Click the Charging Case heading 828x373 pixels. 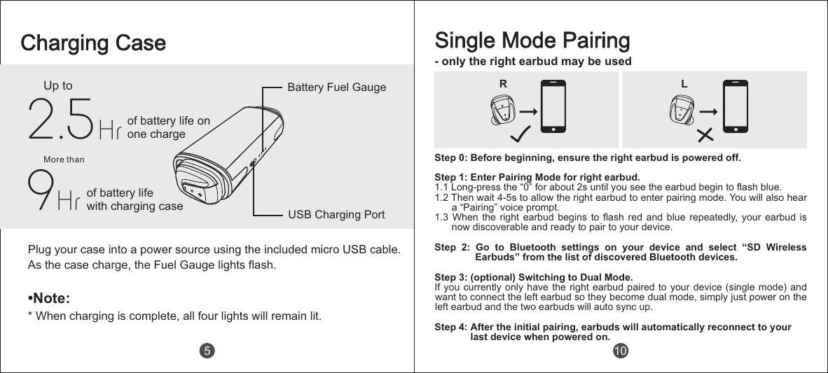point(93,43)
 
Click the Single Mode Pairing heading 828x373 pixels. point(532,41)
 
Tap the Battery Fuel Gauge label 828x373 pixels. point(337,87)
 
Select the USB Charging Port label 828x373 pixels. point(336,214)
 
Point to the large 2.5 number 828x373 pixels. point(60,119)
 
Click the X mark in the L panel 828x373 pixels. point(705,134)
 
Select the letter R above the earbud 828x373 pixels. point(503,83)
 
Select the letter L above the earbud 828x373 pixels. point(684,83)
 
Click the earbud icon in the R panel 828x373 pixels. point(502,110)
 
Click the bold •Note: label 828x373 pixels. point(48,299)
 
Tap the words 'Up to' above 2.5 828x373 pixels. point(58,86)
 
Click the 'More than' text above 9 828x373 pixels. point(64,160)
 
